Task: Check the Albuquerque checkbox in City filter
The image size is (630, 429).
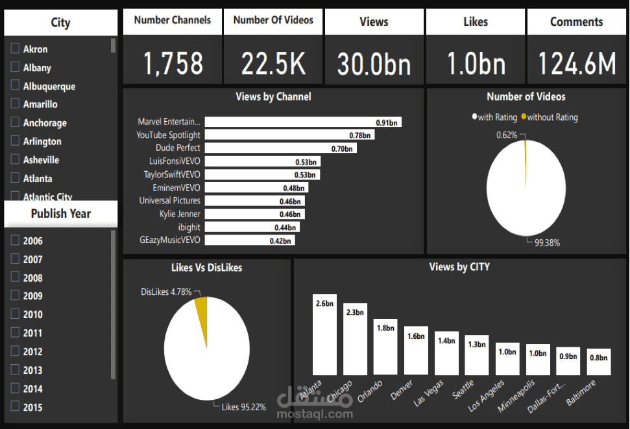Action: point(15,86)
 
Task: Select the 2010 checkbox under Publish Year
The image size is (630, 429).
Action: point(15,314)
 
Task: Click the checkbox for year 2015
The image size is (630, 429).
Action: point(15,407)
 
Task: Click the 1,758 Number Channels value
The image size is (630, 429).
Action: point(173,64)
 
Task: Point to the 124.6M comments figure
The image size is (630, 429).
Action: point(576,64)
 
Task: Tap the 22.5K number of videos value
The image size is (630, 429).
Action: point(273,64)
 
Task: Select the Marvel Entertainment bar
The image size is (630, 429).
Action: point(303,122)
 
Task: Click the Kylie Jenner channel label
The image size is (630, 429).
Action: point(180,214)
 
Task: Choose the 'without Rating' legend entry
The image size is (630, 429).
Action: point(551,117)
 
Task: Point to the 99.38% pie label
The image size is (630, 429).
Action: point(547,243)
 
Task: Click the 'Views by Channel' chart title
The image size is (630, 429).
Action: point(273,97)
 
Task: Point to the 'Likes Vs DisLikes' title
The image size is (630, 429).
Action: point(207,267)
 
